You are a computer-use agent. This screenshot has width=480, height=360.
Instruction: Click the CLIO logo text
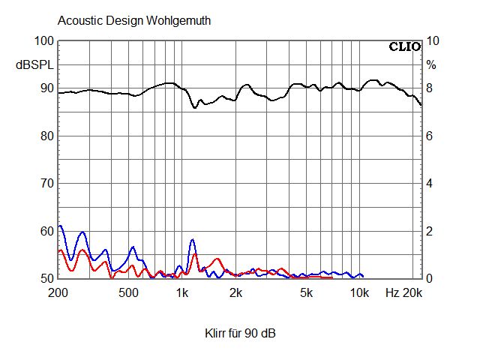[x=404, y=46]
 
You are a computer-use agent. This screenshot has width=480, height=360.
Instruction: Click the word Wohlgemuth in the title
[x=178, y=21]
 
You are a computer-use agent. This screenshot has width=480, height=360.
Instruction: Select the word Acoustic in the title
[x=77, y=21]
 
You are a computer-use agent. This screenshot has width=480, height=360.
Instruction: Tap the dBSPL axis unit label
[x=34, y=65]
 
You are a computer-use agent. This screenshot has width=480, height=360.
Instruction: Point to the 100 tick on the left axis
[x=45, y=41]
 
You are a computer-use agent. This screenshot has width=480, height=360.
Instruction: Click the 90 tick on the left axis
[x=47, y=88]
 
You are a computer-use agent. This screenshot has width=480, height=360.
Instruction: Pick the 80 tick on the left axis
[x=47, y=136]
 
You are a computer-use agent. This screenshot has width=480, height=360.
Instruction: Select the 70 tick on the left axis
[x=47, y=184]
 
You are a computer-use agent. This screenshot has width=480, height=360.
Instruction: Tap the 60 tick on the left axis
[x=47, y=231]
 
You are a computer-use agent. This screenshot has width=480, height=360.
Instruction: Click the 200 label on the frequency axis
[x=58, y=292]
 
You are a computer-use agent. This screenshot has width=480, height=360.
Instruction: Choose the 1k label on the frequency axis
[x=182, y=292]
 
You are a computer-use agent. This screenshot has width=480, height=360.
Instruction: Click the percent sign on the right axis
[x=431, y=65]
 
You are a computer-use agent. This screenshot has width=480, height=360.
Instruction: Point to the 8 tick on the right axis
[x=430, y=88]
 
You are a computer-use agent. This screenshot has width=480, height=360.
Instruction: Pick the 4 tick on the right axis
[x=430, y=184]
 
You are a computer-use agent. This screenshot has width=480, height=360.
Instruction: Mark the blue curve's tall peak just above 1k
[x=192, y=240]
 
